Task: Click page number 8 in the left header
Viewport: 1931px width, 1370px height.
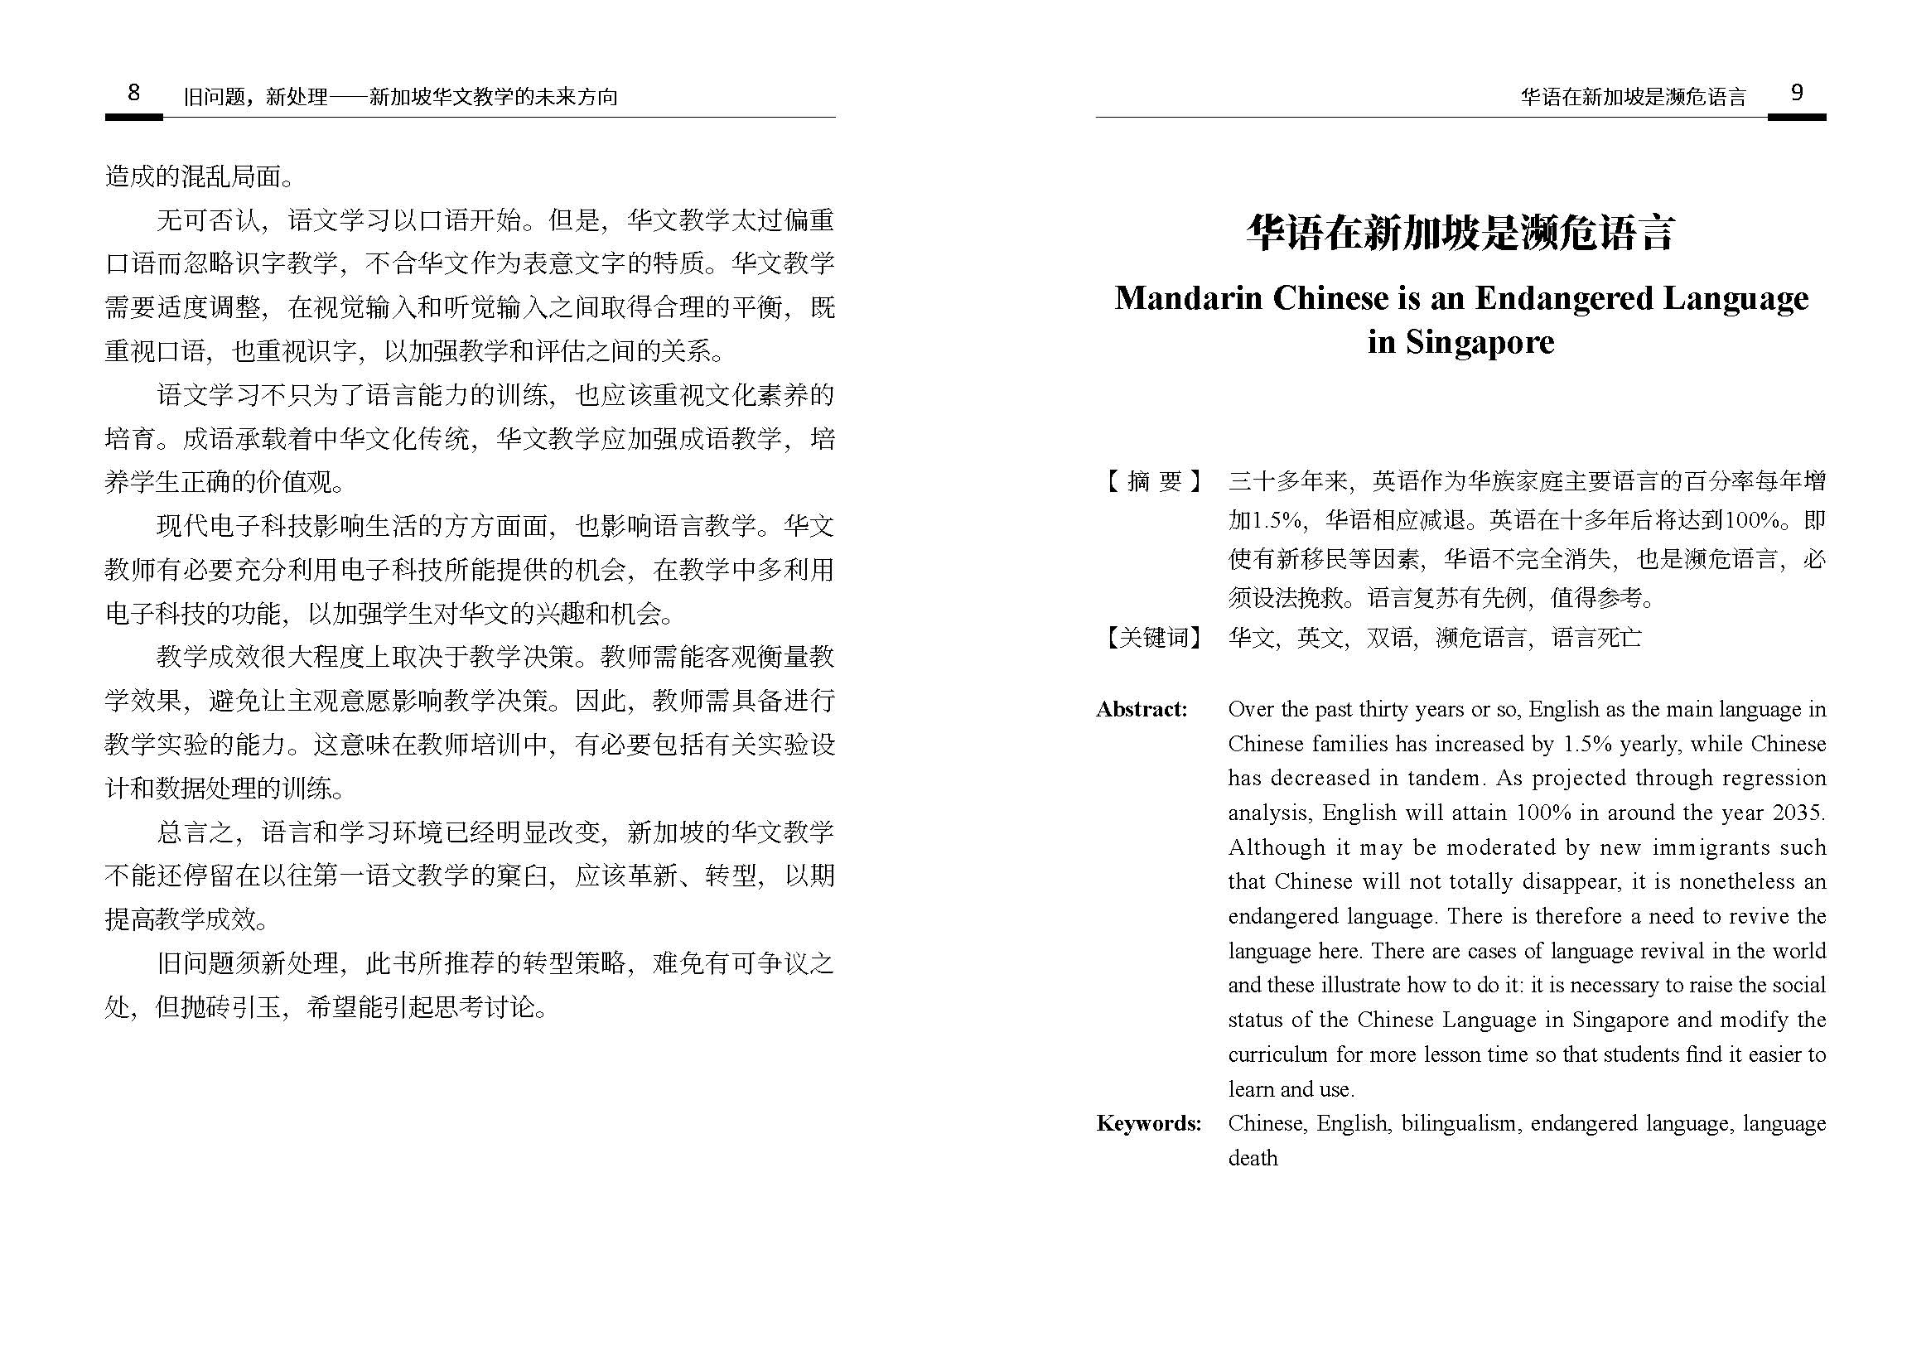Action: coord(133,92)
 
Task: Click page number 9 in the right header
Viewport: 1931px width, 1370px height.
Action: coord(1796,92)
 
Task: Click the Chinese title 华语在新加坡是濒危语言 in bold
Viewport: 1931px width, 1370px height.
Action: coord(1460,233)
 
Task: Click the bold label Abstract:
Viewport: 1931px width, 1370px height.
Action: coord(1142,710)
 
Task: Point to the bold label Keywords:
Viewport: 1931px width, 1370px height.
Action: coord(1148,1124)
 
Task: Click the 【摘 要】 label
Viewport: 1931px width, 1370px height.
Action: coord(1152,482)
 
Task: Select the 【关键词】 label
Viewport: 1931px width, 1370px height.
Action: coord(1152,637)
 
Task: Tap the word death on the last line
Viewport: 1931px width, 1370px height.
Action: coord(1253,1158)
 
